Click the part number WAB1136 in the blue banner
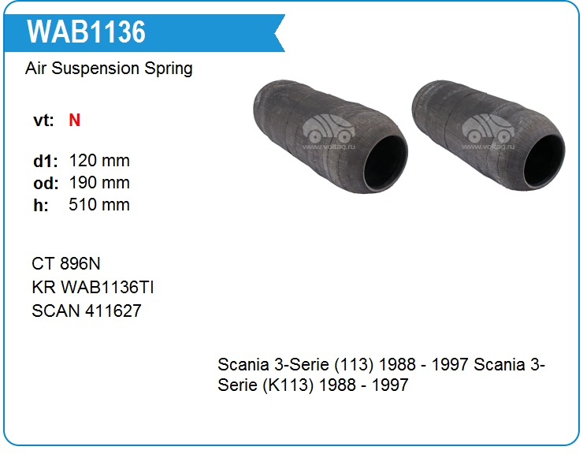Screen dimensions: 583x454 [86, 32]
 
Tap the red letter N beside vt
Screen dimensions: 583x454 [74, 120]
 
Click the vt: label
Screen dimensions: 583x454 [43, 120]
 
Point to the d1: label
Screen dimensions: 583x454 [46, 161]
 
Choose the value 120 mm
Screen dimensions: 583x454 [99, 161]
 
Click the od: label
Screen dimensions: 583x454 [46, 183]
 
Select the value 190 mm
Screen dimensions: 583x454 [99, 183]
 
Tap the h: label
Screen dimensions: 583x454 [41, 205]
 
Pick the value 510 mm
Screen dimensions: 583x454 [99, 205]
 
